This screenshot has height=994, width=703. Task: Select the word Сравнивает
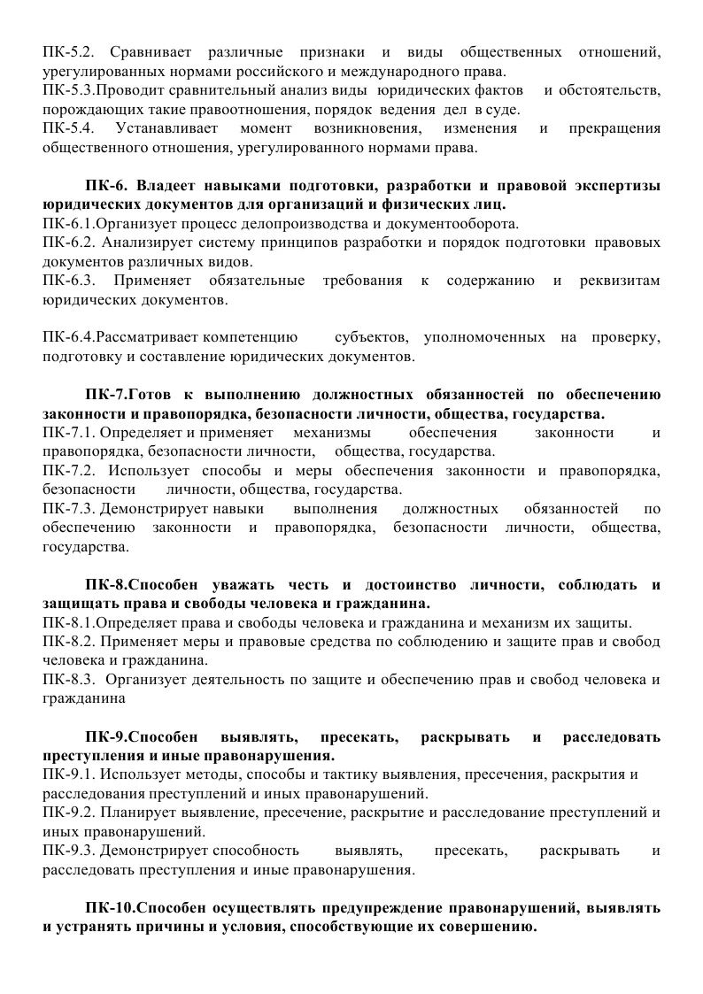[x=148, y=53]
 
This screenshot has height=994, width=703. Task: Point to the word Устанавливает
[x=163, y=129]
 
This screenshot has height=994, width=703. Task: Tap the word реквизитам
[x=622, y=281]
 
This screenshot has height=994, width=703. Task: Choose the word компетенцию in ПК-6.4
[x=252, y=339]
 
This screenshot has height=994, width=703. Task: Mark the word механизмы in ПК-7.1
[x=331, y=434]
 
